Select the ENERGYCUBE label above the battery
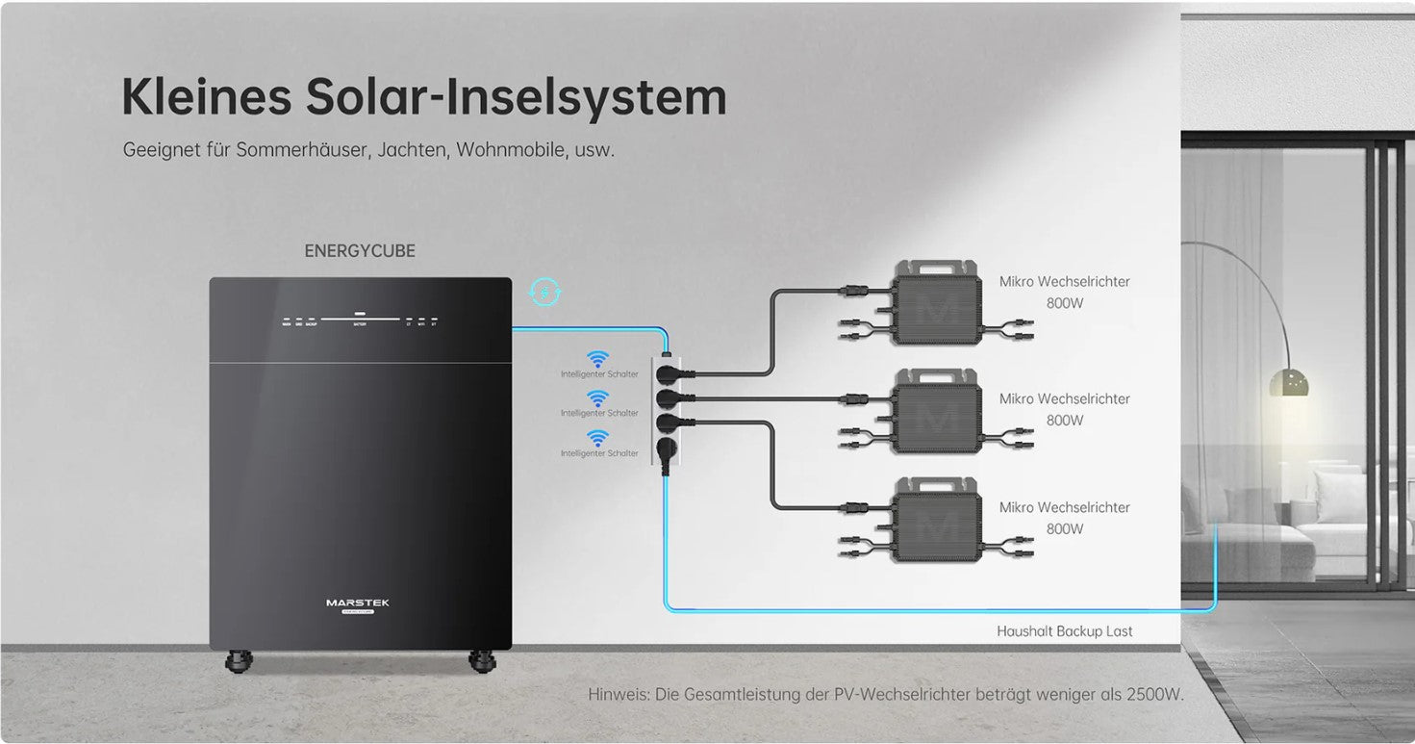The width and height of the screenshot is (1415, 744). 360,251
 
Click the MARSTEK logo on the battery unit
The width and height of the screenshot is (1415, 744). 357,603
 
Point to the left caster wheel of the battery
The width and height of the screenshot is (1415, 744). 238,661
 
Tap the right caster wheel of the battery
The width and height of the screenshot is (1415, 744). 481,661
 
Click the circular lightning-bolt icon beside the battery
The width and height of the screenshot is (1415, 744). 546,291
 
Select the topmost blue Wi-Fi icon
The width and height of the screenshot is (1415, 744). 598,360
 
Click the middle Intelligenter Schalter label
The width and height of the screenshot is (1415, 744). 599,413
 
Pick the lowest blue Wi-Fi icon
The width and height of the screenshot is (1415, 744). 598,439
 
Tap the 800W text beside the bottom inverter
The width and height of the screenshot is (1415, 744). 1065,528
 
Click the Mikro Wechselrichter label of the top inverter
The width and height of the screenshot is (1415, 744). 1064,282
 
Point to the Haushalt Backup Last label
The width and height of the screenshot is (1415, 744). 1064,631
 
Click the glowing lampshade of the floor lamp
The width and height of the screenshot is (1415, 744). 1288,382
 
